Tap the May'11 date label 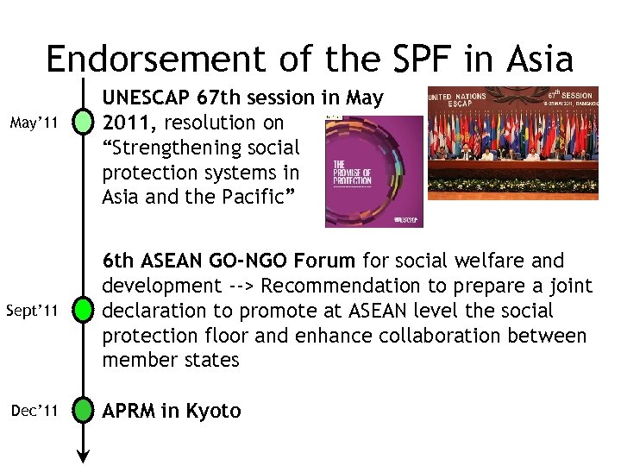[35, 123]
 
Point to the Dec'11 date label [35, 412]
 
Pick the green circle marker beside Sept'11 [84, 310]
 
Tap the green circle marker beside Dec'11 [84, 412]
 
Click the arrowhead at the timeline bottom [84, 457]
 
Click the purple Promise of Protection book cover [373, 172]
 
